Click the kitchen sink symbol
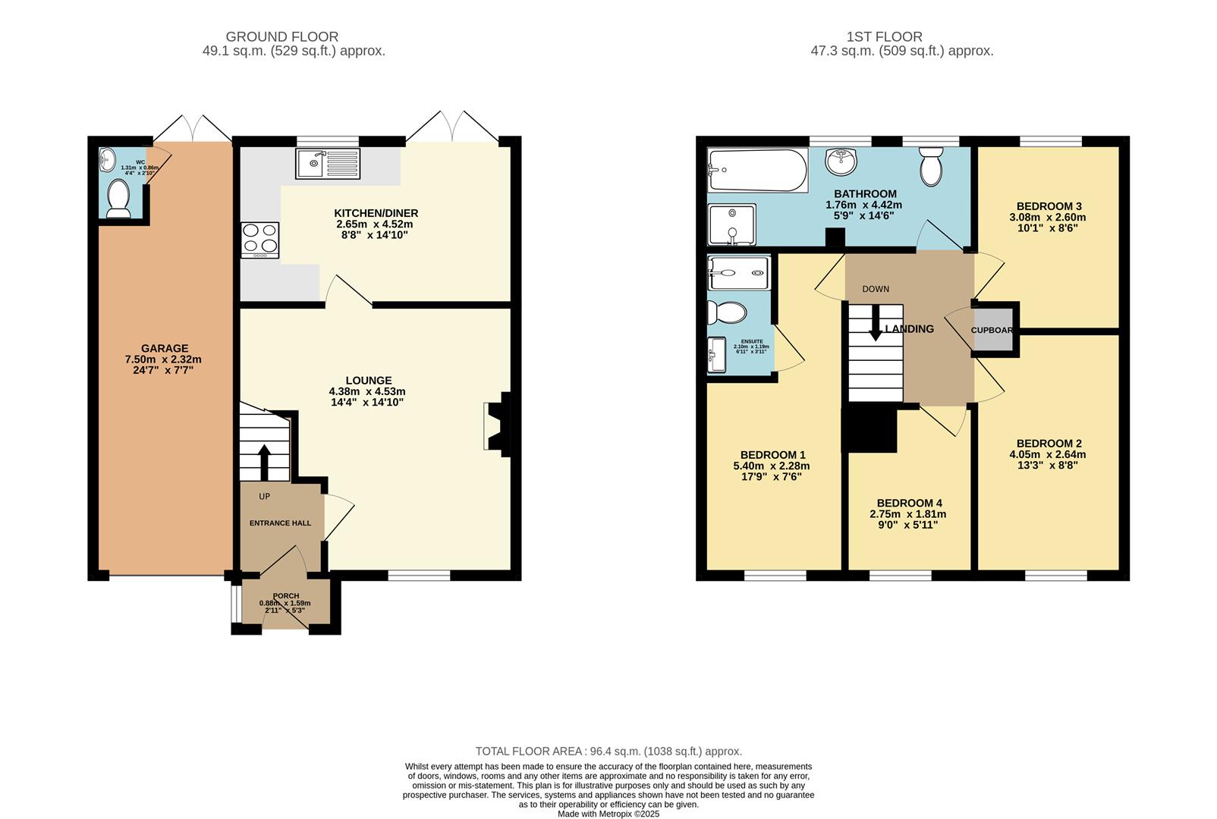(328, 163)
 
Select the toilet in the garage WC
(118, 199)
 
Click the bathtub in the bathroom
(757, 171)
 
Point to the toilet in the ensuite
(727, 312)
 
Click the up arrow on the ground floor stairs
(264, 461)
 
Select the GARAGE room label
(165, 349)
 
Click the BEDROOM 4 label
(909, 504)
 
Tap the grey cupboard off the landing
(993, 330)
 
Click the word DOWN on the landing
(876, 289)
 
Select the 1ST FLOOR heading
(885, 36)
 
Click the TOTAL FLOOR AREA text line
(608, 752)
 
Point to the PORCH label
(285, 596)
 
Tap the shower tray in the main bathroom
(731, 224)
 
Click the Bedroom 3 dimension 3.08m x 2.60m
(1048, 217)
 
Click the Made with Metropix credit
(608, 814)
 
